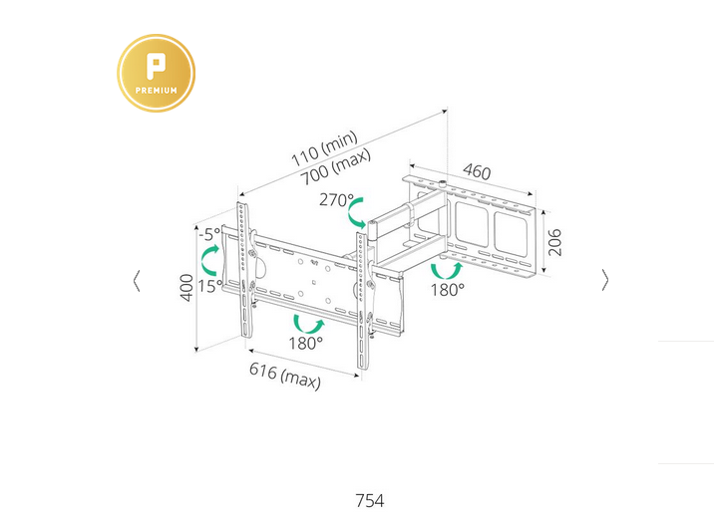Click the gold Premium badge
[157, 73]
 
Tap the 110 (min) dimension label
[324, 148]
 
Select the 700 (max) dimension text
[336, 166]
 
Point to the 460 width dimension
[477, 172]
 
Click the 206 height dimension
[554, 242]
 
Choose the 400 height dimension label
[186, 288]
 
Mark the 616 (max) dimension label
[285, 376]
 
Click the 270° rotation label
[336, 199]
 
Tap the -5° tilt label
[209, 235]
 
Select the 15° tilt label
[210, 287]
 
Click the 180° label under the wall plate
[448, 290]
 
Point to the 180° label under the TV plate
[305, 343]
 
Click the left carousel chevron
[137, 281]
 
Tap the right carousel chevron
[604, 280]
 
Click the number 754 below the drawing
[370, 501]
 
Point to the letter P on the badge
[156, 66]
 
